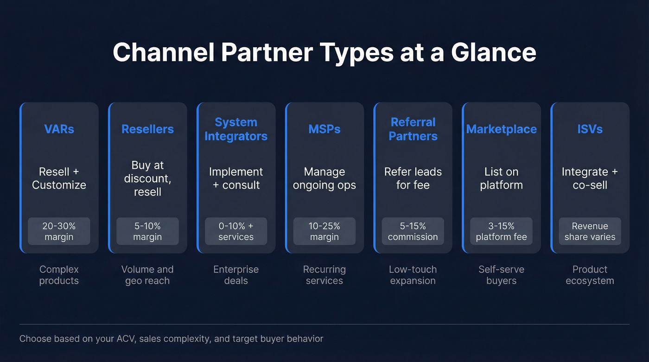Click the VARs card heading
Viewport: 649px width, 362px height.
[59, 129]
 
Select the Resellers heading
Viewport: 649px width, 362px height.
[147, 129]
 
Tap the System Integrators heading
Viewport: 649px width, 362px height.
[236, 129]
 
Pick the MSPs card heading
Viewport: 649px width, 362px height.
[324, 129]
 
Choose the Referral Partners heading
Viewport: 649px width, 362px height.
[413, 129]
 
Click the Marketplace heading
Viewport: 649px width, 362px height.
[501, 129]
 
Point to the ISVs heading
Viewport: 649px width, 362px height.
[590, 129]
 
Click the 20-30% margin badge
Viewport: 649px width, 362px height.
[59, 231]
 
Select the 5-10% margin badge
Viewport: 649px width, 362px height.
[147, 231]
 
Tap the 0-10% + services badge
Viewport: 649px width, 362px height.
[236, 231]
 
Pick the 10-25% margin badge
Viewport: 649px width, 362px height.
[324, 231]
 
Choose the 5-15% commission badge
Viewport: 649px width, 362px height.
[413, 231]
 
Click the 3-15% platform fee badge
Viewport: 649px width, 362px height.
[501, 231]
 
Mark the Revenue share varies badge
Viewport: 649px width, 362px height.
[590, 231]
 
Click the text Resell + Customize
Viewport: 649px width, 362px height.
[59, 178]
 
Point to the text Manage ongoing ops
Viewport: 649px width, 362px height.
[324, 178]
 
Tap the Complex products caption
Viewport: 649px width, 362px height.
[59, 275]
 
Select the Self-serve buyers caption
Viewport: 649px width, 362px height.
[501, 275]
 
